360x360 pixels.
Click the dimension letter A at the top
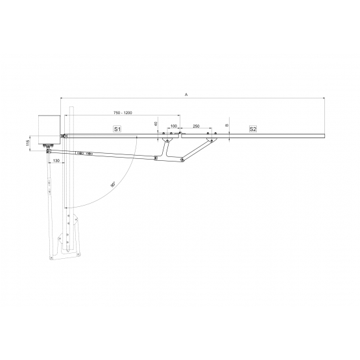point(186,94)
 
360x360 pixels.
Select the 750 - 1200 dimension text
point(123,113)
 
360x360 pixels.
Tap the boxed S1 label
point(117,129)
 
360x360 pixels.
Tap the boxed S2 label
point(253,129)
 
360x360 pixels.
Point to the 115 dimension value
point(28,143)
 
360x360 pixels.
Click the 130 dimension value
point(56,160)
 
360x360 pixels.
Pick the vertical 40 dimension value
point(156,124)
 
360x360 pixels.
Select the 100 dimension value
point(174,126)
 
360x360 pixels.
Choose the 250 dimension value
point(197,126)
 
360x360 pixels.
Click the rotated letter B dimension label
point(227,125)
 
